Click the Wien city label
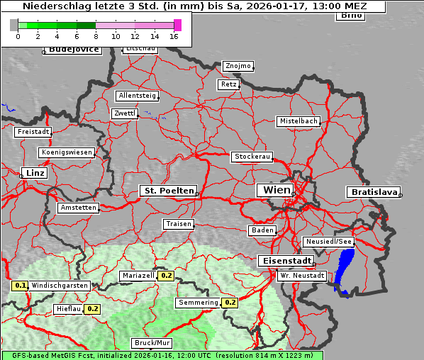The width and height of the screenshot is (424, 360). (x=277, y=190)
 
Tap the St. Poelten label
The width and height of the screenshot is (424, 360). (x=168, y=191)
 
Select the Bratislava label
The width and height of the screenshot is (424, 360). (x=372, y=192)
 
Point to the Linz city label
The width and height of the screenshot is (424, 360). (x=33, y=173)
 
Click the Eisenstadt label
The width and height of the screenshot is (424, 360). (x=284, y=261)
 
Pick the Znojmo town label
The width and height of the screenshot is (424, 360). (x=238, y=66)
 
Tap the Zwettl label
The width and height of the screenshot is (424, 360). (x=125, y=113)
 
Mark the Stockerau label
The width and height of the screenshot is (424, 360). (x=252, y=157)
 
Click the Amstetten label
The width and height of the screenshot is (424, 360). (x=78, y=208)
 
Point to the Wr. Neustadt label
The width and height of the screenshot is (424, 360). (x=302, y=275)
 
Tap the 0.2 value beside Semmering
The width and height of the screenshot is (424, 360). (x=230, y=303)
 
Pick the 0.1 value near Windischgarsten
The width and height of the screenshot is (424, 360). (x=21, y=286)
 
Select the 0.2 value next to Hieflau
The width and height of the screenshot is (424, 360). (x=93, y=309)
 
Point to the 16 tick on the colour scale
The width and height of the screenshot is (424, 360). (x=174, y=36)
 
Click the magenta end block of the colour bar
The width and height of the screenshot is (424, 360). (x=177, y=25)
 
